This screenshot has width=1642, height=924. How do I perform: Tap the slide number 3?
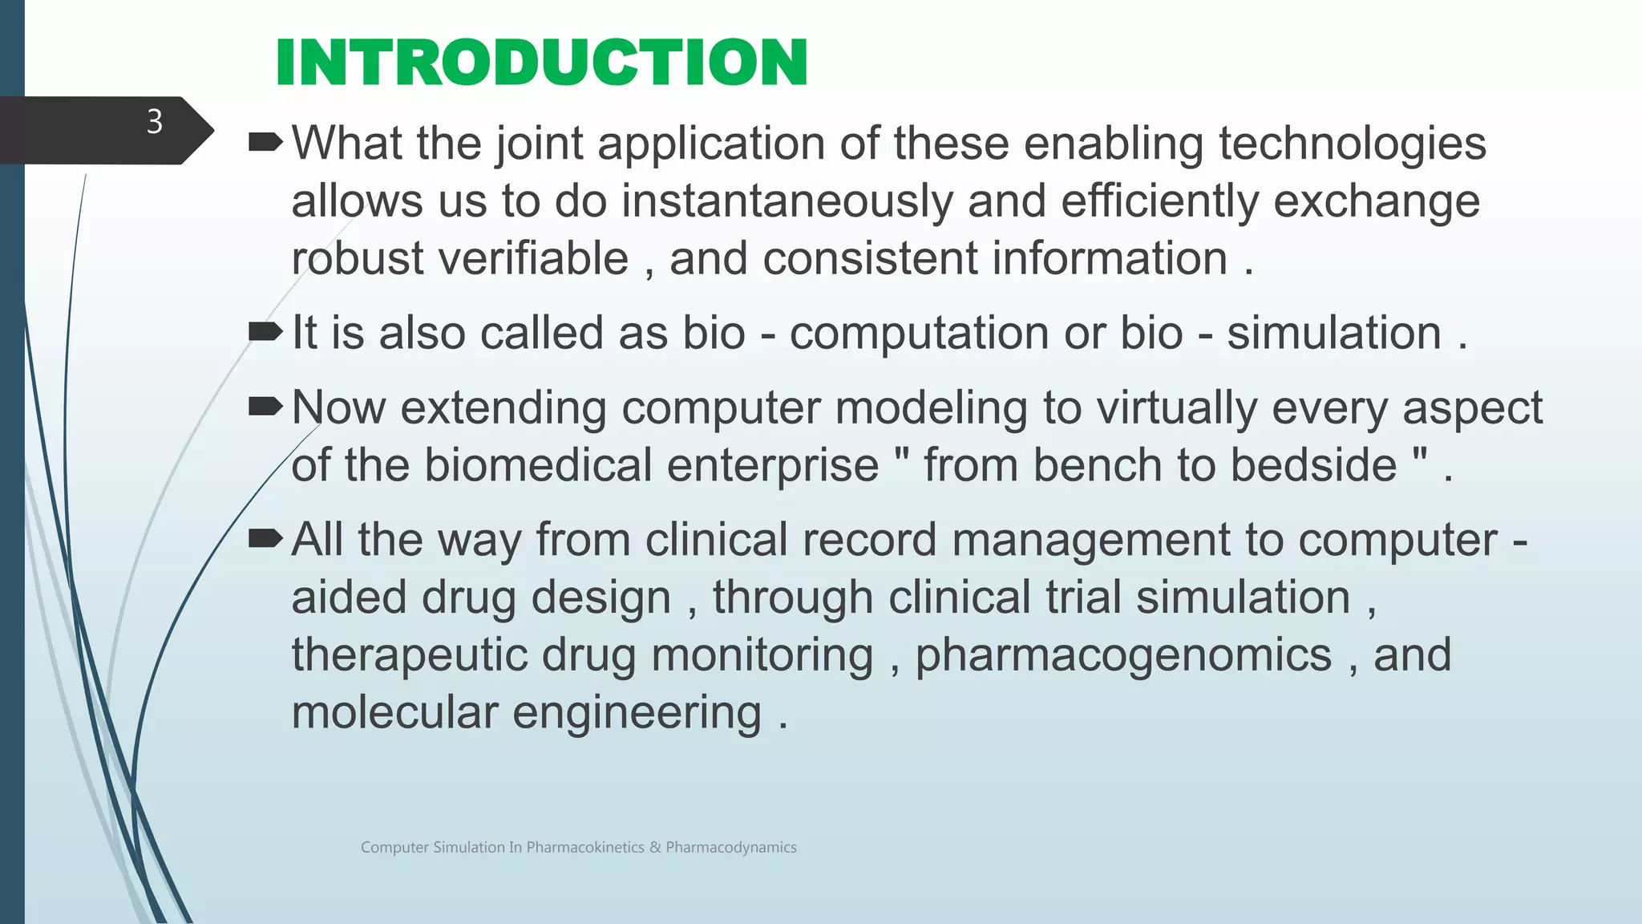(155, 122)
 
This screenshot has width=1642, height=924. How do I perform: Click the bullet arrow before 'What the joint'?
(265, 144)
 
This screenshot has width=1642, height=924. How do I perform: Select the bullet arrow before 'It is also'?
(265, 331)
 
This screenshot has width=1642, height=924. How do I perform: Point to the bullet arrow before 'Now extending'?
(265, 407)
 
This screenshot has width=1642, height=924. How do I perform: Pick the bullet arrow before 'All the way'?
(265, 539)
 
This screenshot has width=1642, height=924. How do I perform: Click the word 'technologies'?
(1353, 144)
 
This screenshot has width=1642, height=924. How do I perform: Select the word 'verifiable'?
(533, 258)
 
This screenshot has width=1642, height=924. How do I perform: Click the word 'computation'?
(919, 333)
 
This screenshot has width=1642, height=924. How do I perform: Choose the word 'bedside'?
(1313, 465)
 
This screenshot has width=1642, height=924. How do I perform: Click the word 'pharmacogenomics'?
(1123, 654)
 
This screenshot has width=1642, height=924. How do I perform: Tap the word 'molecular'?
(394, 712)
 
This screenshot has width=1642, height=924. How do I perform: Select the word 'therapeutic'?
(409, 654)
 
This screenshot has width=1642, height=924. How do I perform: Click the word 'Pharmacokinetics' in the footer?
(585, 848)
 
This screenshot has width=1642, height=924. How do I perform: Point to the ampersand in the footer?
(655, 848)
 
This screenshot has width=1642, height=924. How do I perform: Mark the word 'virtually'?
(1176, 408)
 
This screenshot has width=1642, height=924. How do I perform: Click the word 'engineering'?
(637, 713)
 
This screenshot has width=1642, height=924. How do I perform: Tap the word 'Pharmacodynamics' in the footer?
(731, 848)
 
